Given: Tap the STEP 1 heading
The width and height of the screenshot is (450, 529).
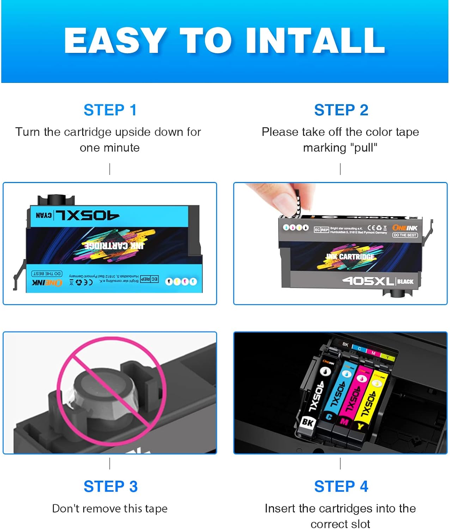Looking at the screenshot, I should point(110,110).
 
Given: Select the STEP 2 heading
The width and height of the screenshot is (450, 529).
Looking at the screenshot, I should point(341,110).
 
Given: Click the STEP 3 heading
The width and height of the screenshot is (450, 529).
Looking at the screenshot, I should point(110,487).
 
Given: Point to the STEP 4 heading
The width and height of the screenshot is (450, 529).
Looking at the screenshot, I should point(341,487).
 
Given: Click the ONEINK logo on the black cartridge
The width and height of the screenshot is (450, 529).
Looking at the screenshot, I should point(405,228).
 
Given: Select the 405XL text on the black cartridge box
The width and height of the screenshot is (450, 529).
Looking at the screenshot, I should point(368,281).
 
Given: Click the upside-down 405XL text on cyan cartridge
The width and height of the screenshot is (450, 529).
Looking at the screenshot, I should point(87,215).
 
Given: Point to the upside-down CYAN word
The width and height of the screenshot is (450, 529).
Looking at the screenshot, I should point(44,215).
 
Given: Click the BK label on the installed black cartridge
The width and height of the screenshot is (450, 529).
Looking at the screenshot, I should point(308,422).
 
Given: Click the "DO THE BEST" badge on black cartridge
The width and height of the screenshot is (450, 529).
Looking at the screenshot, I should point(405,235).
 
